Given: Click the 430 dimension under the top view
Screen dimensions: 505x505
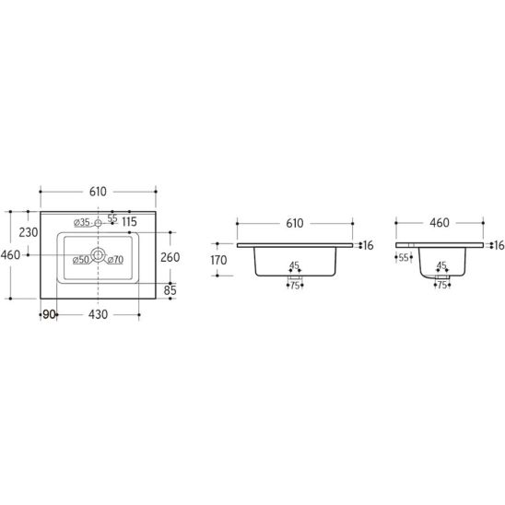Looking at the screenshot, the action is tap(98, 314).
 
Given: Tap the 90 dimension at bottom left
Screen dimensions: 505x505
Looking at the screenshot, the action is tap(49, 314).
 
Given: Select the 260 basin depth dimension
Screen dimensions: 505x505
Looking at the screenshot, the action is tap(170, 257).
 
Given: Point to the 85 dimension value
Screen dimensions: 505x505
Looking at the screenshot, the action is tap(170, 290).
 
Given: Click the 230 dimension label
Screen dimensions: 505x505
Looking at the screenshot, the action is tap(29, 232).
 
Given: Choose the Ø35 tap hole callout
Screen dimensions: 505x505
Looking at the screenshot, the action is tap(81, 222).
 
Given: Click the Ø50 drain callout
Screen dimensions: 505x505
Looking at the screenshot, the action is tap(81, 260).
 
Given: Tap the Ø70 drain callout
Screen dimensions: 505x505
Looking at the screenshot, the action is tap(115, 260).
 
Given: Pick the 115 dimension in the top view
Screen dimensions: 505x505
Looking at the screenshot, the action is tap(129, 222).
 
